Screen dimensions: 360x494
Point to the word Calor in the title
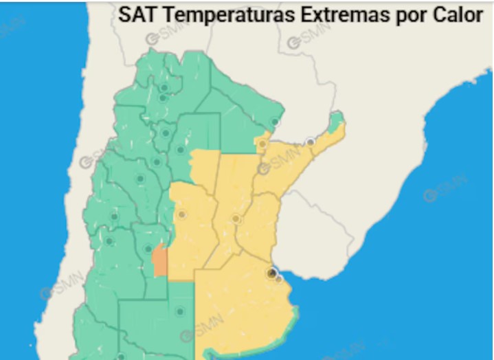tap(460, 15)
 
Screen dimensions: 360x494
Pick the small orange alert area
tap(159, 262)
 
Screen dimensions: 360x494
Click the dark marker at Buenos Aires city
tap(272, 273)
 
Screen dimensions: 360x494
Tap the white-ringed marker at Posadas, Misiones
tap(311, 142)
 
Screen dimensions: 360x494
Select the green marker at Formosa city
tap(275, 122)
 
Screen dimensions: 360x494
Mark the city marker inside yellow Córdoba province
tap(181, 214)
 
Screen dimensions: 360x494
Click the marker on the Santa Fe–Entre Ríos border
tap(236, 219)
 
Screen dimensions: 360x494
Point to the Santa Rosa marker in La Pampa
tap(180, 311)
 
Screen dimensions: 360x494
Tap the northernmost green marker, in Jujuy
tap(164, 87)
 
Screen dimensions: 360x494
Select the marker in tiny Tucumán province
tap(166, 133)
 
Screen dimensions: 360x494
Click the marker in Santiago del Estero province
tap(180, 150)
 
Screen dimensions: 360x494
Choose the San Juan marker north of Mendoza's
tap(140, 179)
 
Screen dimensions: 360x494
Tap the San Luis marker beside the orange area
tap(148, 249)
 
